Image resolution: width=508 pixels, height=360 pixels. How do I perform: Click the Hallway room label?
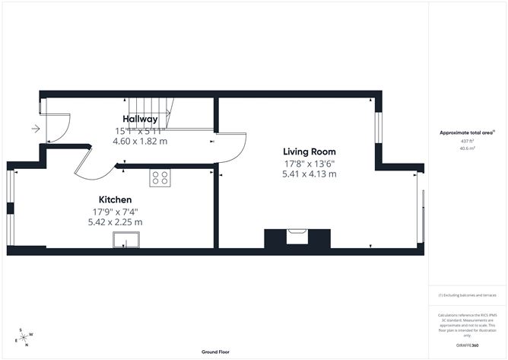tap(140, 119)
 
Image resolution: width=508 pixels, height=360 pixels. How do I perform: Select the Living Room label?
tap(310, 151)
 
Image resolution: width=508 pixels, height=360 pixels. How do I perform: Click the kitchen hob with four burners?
tap(160, 177)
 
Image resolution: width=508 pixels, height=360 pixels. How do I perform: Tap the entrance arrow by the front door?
tap(35, 129)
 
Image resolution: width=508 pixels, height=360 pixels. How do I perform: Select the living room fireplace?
tap(297, 238)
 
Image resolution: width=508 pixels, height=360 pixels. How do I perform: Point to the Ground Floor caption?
tap(217, 352)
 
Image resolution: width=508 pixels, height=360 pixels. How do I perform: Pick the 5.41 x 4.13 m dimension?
tap(309, 174)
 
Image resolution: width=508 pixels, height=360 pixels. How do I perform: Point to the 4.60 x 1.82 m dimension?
tap(140, 141)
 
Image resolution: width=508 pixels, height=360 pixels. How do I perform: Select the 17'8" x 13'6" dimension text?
tap(309, 163)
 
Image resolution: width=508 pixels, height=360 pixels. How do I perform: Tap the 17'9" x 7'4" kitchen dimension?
tap(115, 211)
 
